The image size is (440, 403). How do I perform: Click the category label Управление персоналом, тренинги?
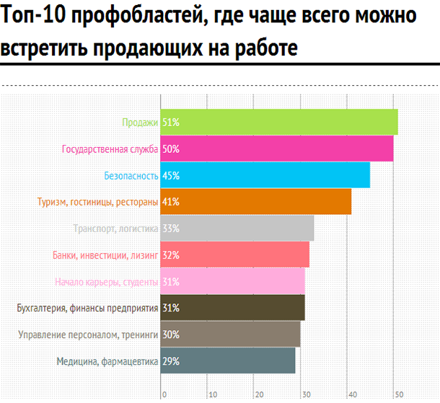(97, 335)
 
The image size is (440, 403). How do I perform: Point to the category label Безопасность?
(131, 175)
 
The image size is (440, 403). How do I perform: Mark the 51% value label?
(171, 123)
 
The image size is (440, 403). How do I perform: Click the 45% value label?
(171, 175)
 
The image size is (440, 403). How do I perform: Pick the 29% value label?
(171, 360)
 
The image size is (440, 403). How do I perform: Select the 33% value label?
(171, 229)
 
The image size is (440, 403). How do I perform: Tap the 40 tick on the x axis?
(351, 394)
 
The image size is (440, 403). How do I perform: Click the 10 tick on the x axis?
(211, 394)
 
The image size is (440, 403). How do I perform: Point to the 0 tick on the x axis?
(164, 394)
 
